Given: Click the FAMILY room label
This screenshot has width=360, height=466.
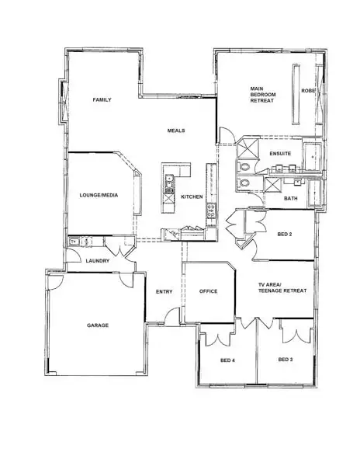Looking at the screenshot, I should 102,100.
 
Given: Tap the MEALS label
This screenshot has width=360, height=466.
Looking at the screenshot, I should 175,130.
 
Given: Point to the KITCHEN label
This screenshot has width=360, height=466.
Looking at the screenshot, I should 192,196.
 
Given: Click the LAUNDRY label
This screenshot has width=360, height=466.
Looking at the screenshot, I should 97,260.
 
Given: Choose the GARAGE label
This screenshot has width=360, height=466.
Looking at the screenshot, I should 97,325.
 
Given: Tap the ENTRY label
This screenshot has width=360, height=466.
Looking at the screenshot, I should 164,292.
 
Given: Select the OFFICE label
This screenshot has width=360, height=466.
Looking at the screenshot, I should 208,292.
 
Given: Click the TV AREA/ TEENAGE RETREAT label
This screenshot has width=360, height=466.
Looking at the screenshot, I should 282,289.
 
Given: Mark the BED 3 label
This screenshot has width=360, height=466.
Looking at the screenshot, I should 286,360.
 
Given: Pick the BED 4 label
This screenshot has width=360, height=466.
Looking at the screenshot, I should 227,360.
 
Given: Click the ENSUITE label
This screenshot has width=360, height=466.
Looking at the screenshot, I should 280,154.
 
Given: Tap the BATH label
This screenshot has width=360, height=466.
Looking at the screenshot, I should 290,198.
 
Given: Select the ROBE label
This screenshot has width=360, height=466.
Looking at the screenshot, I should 308,90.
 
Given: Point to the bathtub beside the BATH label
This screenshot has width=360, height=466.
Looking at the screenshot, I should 314,191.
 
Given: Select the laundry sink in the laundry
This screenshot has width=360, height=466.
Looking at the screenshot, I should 75,242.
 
